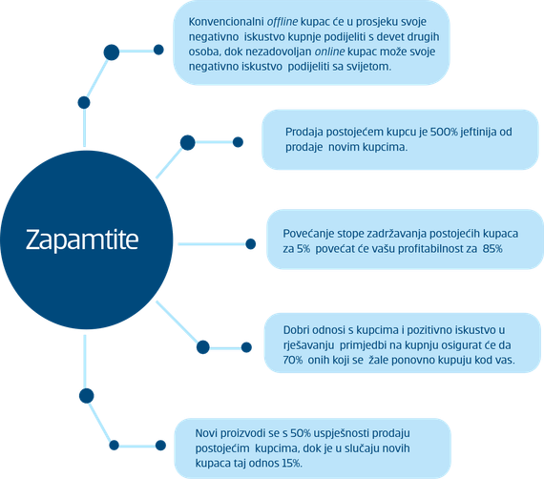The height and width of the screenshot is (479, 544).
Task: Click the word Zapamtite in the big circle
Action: (82, 239)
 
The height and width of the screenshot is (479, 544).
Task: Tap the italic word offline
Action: (282, 22)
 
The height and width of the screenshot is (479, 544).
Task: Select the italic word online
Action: (329, 52)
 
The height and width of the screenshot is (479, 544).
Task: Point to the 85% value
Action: (492, 249)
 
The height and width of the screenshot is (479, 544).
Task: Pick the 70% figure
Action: (293, 360)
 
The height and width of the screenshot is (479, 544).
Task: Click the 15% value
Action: (291, 463)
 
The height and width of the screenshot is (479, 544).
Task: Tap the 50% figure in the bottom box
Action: (301, 433)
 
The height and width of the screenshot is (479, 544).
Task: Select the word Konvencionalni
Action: (226, 22)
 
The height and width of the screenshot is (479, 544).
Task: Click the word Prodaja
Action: (304, 132)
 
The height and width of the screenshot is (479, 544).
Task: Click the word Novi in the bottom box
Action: (206, 433)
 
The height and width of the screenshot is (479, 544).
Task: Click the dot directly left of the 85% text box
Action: (250, 244)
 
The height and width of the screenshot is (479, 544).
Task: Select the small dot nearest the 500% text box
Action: (238, 142)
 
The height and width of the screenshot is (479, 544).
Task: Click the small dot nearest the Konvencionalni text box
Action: (158, 50)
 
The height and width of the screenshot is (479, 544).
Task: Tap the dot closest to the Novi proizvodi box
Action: (160, 446)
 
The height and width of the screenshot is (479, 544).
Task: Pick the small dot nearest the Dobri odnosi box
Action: (246, 347)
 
